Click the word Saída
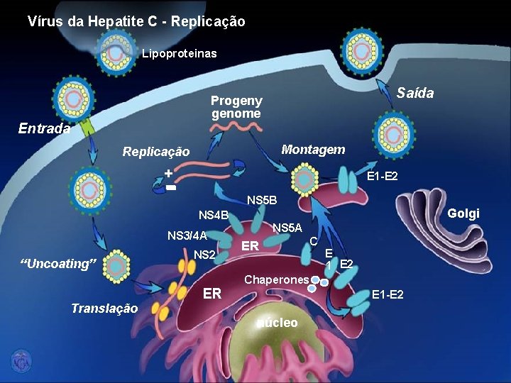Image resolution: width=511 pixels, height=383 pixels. coord(415,94)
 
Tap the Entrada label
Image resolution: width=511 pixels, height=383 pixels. coord(44,128)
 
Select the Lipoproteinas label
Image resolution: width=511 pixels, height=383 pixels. coord(180,53)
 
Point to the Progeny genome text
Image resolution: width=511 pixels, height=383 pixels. coord(236,107)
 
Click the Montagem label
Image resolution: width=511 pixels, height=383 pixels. coord(313,150)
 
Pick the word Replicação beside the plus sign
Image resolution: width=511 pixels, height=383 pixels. coord(156,152)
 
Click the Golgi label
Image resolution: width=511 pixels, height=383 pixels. coord(464,213)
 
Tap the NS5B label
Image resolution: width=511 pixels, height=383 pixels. coord(261,201)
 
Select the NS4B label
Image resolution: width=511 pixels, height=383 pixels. coord(213,215)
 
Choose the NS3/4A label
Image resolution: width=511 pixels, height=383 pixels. coord(187,236)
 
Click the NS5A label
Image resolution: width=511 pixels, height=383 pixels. coord(287,228)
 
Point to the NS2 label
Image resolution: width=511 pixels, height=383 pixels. coord(204,254)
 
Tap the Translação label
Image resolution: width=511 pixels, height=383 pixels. coord(104,308)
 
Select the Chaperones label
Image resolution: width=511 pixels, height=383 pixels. coord(277,279)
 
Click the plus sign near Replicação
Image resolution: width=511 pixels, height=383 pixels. coord(168,174)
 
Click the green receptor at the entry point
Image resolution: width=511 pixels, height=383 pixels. coord(87,128)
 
